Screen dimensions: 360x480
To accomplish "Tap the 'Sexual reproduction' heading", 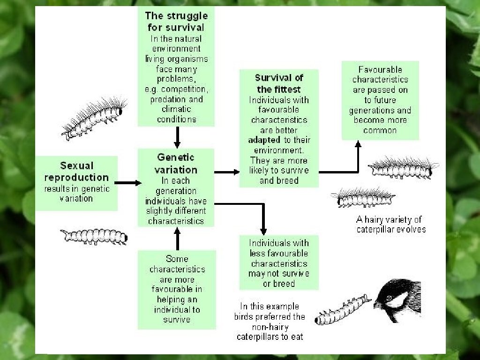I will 76,172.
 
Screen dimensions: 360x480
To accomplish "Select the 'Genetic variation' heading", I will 176,164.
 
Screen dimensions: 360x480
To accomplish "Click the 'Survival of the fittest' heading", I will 279,83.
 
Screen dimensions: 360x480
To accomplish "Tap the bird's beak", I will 377,305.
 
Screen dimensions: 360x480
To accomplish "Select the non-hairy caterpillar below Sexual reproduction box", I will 94,236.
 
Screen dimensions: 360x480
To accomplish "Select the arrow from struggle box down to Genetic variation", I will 177,137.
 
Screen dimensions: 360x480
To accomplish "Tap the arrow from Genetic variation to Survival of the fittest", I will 227,172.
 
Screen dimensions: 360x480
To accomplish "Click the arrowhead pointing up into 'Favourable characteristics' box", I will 358,145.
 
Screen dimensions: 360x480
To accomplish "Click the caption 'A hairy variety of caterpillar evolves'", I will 391,224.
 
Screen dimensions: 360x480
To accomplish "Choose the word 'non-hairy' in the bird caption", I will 269,327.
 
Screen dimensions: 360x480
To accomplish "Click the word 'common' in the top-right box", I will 380,130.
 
